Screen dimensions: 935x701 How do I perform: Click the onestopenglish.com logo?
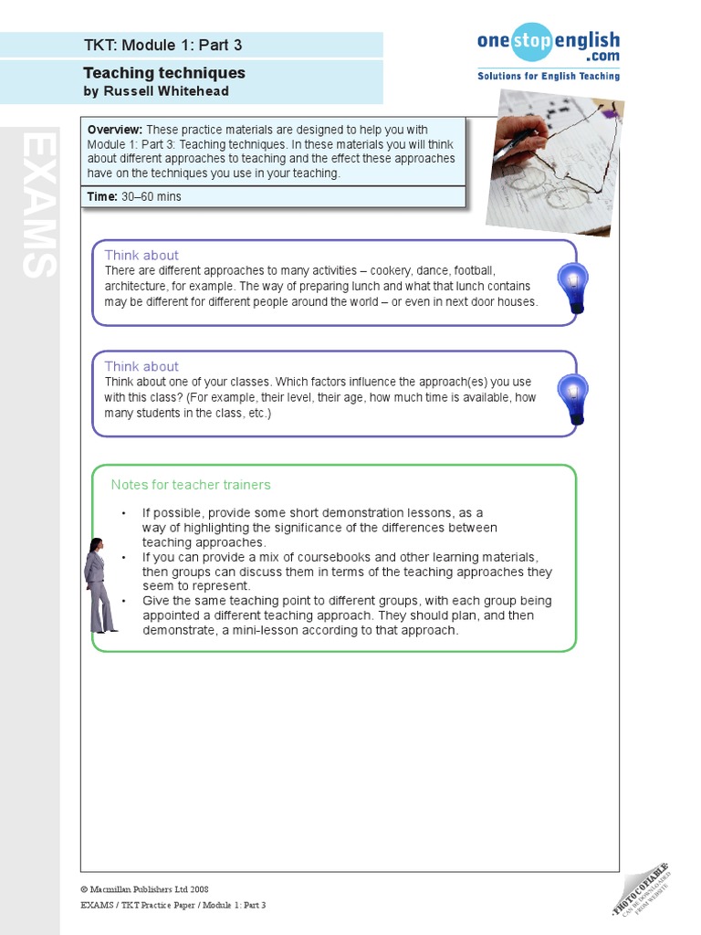pyautogui.click(x=548, y=46)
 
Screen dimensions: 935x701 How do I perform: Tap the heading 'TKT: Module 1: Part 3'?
pyautogui.click(x=162, y=45)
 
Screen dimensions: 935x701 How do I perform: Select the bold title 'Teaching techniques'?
pyautogui.click(x=164, y=73)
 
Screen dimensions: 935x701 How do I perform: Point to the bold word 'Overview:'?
pyautogui.click(x=115, y=130)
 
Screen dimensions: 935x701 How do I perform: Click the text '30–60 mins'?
pyautogui.click(x=151, y=196)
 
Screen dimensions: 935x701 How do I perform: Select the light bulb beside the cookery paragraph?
pyautogui.click(x=572, y=286)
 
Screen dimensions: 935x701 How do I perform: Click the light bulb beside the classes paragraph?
pyautogui.click(x=572, y=398)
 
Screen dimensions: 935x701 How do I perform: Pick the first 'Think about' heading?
pyautogui.click(x=141, y=255)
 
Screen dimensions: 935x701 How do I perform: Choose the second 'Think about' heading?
pyautogui.click(x=141, y=366)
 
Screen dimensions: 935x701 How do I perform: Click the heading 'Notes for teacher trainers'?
pyautogui.click(x=191, y=485)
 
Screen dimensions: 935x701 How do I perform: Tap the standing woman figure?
pyautogui.click(x=99, y=585)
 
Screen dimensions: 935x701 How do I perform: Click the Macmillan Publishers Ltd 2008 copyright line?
pyautogui.click(x=144, y=888)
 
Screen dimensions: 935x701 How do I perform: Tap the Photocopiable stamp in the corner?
pyautogui.click(x=643, y=888)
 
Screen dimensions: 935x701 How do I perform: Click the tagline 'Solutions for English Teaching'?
pyautogui.click(x=548, y=76)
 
